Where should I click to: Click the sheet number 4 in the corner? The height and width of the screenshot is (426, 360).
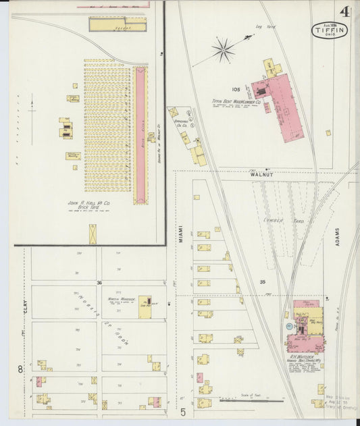(344, 11)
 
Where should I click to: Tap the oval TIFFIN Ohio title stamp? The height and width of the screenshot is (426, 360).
(330, 30)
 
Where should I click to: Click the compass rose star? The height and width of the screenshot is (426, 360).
(222, 49)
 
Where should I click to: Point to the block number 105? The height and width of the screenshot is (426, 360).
(236, 89)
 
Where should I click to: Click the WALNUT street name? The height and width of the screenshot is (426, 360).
(261, 174)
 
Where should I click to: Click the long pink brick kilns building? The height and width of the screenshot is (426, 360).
(140, 135)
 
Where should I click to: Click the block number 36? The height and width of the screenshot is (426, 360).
(99, 282)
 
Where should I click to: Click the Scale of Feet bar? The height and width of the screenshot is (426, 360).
(251, 400)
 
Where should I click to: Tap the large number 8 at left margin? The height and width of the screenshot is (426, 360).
(20, 369)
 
